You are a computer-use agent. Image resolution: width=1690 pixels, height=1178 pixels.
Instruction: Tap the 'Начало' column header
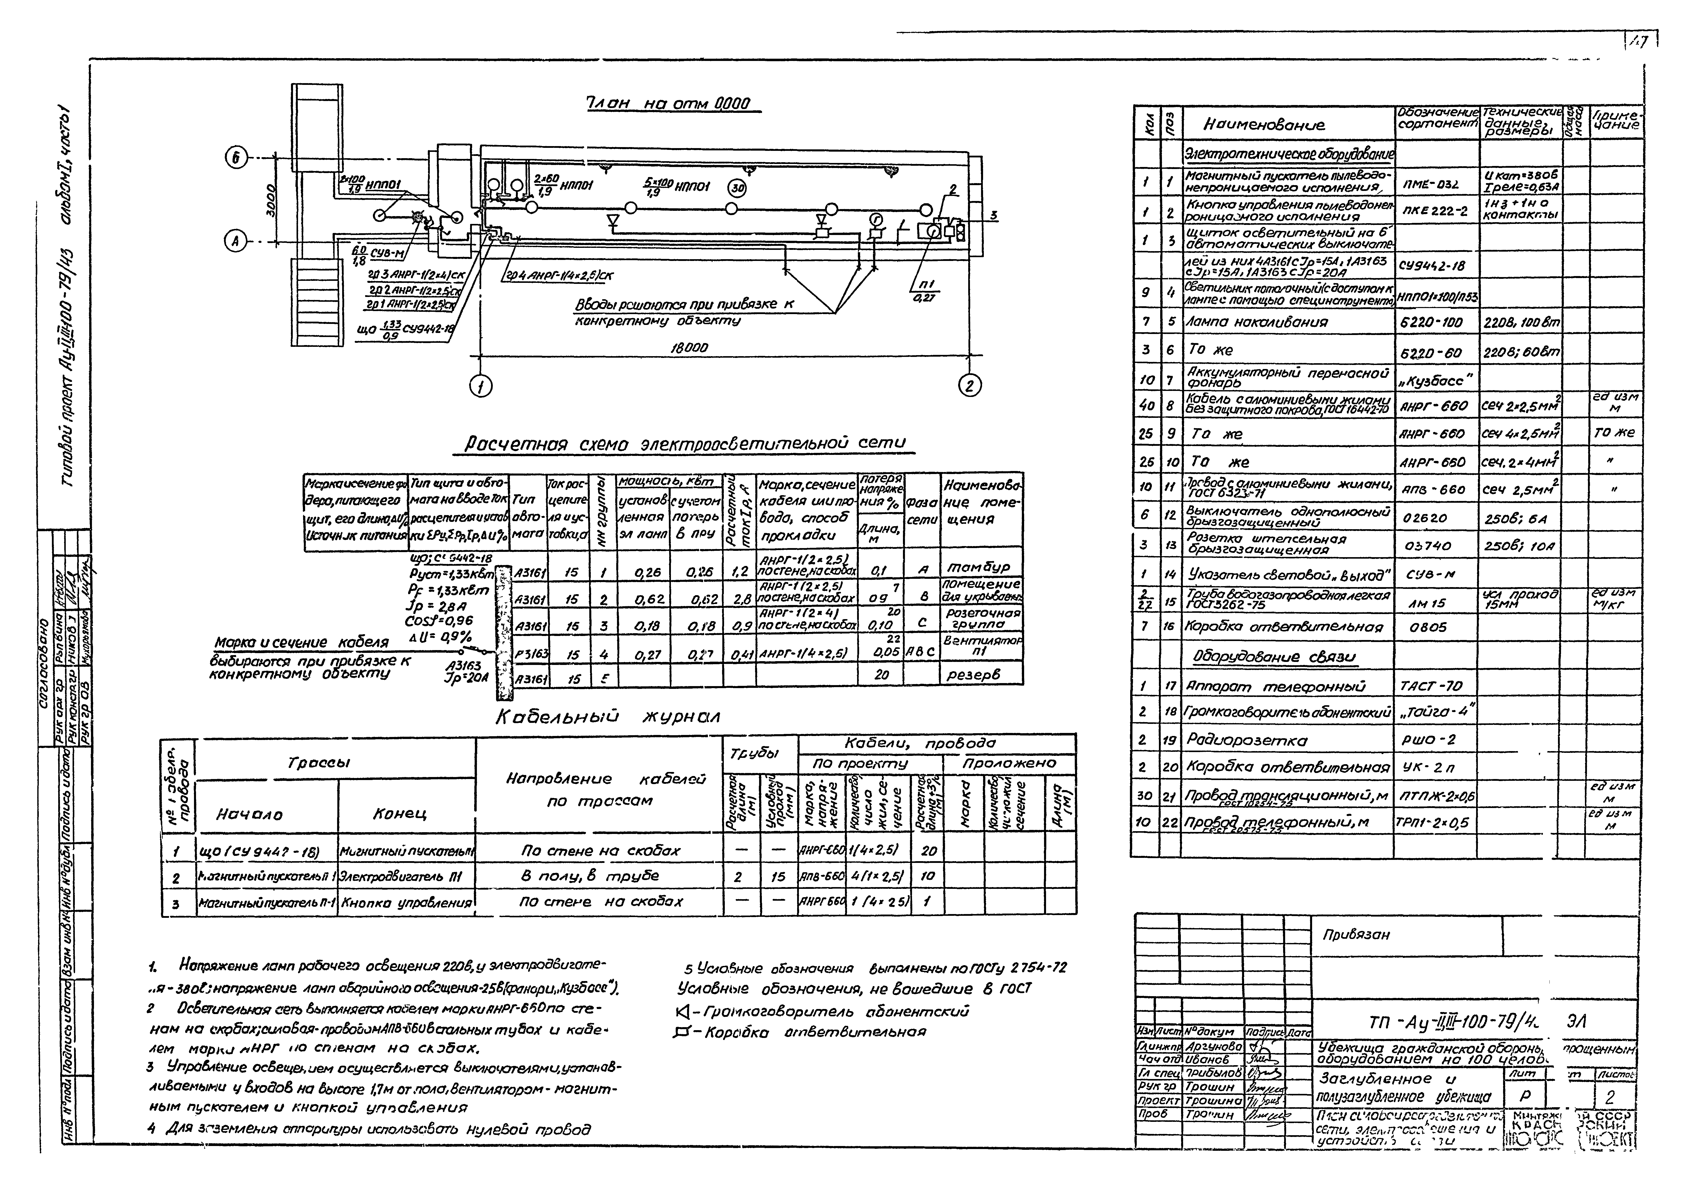point(249,814)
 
